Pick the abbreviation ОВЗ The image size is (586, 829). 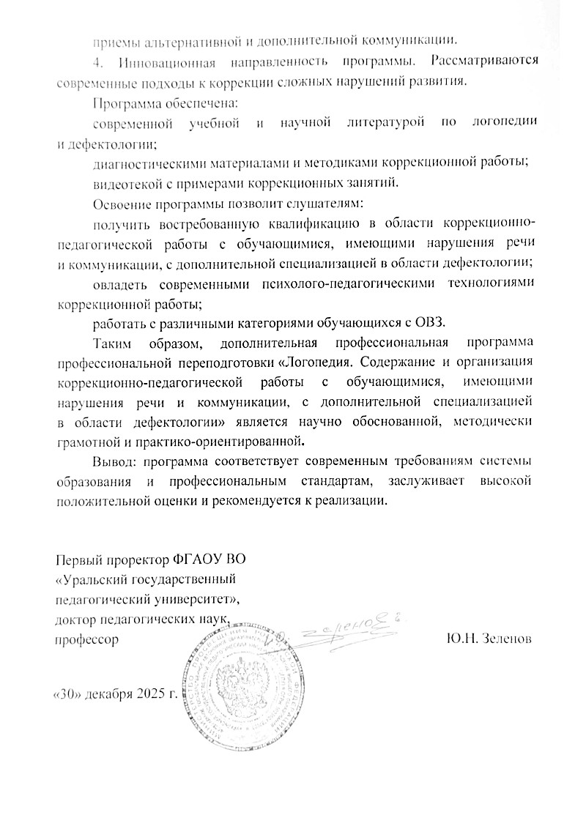click(x=437, y=322)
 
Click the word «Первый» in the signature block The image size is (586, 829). click(x=75, y=560)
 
